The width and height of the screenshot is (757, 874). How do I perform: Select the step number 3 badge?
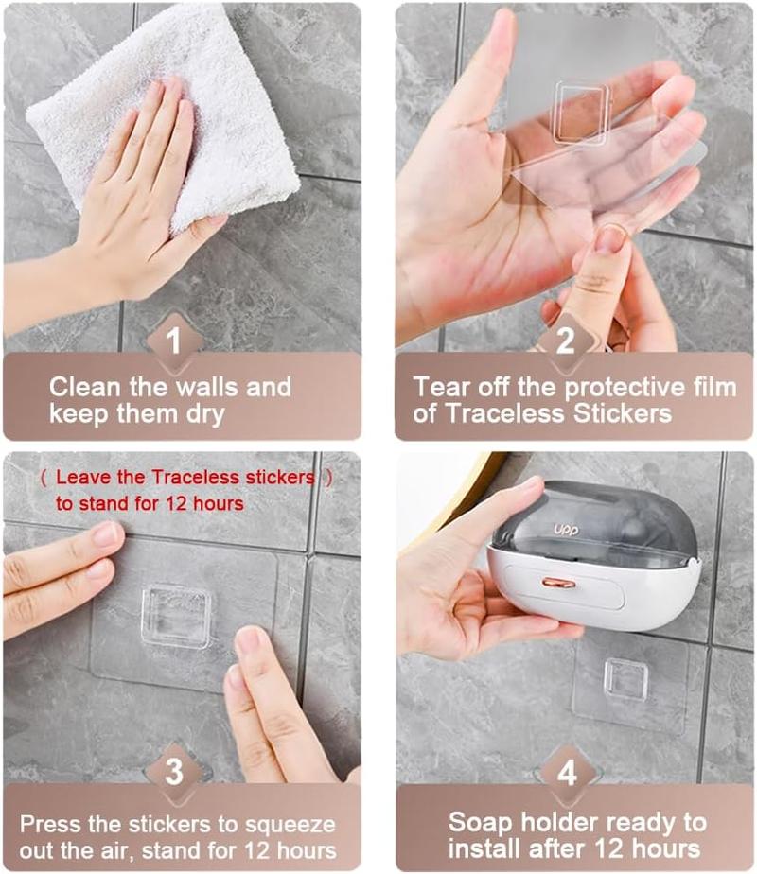tap(174, 771)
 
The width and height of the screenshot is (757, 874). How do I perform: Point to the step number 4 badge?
tap(565, 771)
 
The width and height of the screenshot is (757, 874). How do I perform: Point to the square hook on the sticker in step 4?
tap(625, 679)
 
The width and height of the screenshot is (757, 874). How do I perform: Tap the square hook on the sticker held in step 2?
tap(580, 111)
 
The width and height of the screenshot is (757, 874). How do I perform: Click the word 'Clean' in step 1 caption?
tap(82, 387)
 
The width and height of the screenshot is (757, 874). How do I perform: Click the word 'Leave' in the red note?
tap(79, 478)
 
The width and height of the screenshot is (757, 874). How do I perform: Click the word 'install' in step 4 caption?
tap(490, 848)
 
